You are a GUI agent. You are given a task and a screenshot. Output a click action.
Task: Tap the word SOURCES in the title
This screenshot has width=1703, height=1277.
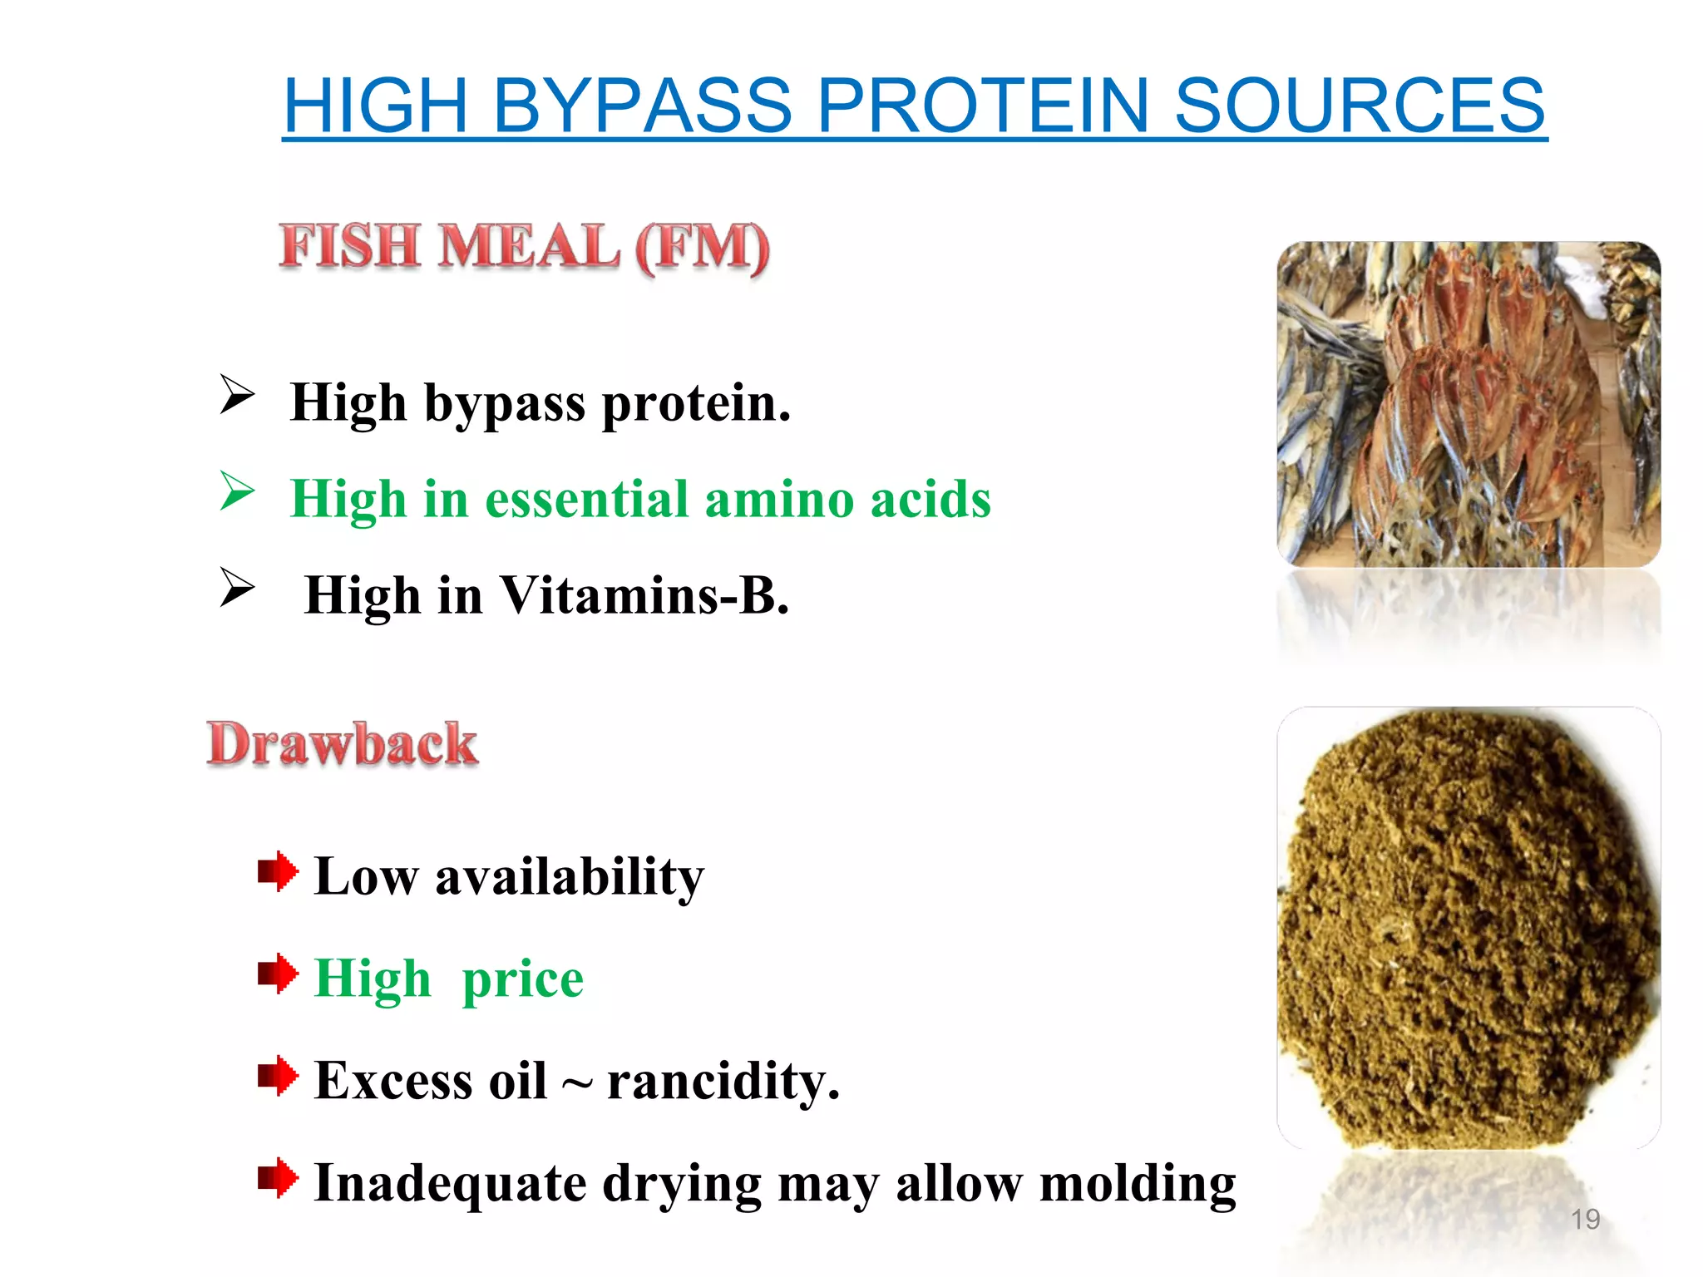tap(1360, 106)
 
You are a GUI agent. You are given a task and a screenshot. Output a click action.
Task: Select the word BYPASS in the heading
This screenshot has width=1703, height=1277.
tap(642, 106)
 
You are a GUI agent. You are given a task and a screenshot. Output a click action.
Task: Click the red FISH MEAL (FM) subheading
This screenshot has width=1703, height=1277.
tap(524, 247)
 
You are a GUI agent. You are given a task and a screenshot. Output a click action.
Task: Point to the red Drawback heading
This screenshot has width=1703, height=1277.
tap(342, 743)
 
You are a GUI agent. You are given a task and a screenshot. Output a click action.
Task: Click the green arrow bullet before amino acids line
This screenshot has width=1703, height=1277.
tap(237, 491)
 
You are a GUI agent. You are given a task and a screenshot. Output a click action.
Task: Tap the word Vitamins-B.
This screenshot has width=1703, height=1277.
tap(644, 595)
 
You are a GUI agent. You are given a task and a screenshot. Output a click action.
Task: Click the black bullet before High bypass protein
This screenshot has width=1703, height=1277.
tap(237, 395)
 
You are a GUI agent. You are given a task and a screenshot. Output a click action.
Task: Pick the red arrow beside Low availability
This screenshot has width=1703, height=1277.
tap(278, 872)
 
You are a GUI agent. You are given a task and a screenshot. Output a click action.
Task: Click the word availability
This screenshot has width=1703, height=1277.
tap(570, 876)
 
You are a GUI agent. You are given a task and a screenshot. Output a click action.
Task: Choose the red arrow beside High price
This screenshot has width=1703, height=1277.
tap(278, 974)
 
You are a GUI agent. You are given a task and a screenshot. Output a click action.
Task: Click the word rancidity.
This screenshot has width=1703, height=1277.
tap(723, 1081)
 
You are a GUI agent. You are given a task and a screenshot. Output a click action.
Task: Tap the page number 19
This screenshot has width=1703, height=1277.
tap(1585, 1220)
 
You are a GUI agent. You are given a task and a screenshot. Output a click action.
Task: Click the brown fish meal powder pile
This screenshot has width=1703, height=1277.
tap(1464, 931)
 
